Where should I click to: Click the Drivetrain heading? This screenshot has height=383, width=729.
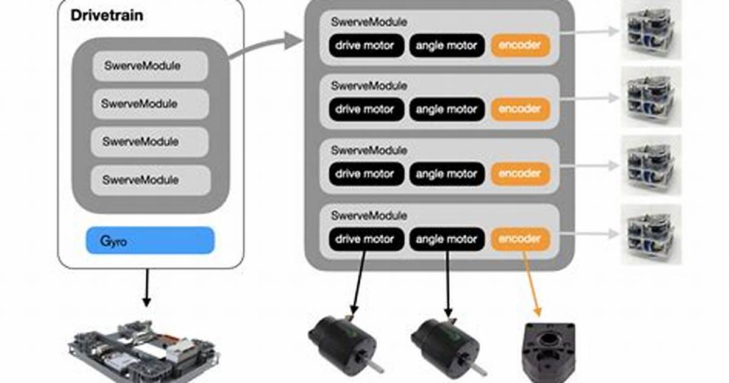coord(107,15)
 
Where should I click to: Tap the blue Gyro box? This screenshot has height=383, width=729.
coord(150,241)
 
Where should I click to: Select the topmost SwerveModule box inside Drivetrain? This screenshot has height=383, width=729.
coord(150,66)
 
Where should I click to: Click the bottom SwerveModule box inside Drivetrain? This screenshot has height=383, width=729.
coord(151,180)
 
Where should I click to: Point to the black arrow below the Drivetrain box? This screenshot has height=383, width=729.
coord(147,288)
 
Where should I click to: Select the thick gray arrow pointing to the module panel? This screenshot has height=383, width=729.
coord(266,46)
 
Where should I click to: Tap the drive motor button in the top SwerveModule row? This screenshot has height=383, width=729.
coord(366,46)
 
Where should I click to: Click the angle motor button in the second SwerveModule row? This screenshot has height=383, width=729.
coord(447,109)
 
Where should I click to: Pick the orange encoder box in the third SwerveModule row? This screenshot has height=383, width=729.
coord(521,174)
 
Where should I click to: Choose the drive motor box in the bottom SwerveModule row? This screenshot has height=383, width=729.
coord(366,239)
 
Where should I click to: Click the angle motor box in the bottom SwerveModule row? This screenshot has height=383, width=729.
coord(447,239)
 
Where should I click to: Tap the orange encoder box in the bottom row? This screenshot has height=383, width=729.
coord(521,239)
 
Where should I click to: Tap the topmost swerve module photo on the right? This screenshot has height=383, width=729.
coord(652,30)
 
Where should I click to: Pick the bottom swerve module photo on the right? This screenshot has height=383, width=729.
coord(652,235)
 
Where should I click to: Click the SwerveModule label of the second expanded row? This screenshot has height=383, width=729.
coord(369,85)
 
